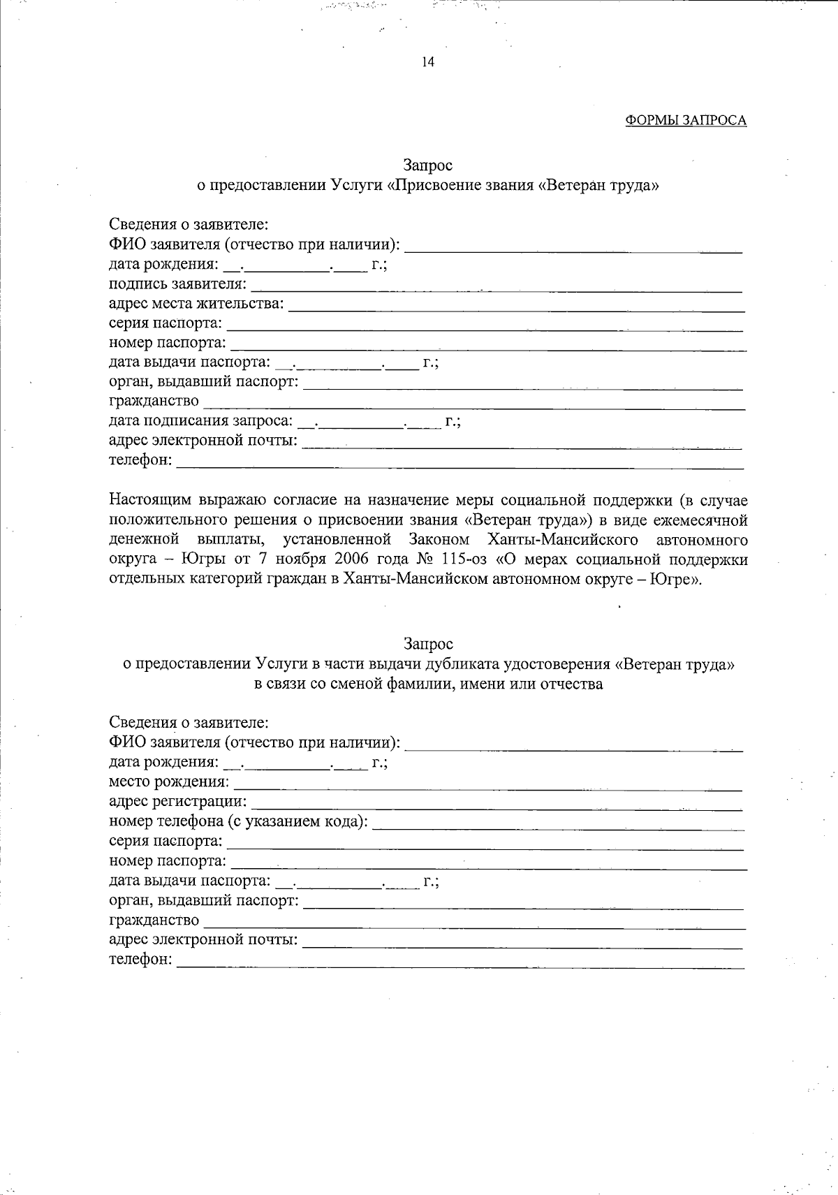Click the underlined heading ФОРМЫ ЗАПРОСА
(685, 120)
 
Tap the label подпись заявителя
(178, 284)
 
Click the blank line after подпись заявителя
(496, 286)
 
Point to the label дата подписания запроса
(201, 420)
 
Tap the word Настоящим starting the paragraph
(149, 500)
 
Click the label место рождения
(169, 782)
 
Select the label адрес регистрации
(178, 802)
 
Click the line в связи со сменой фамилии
(428, 684)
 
